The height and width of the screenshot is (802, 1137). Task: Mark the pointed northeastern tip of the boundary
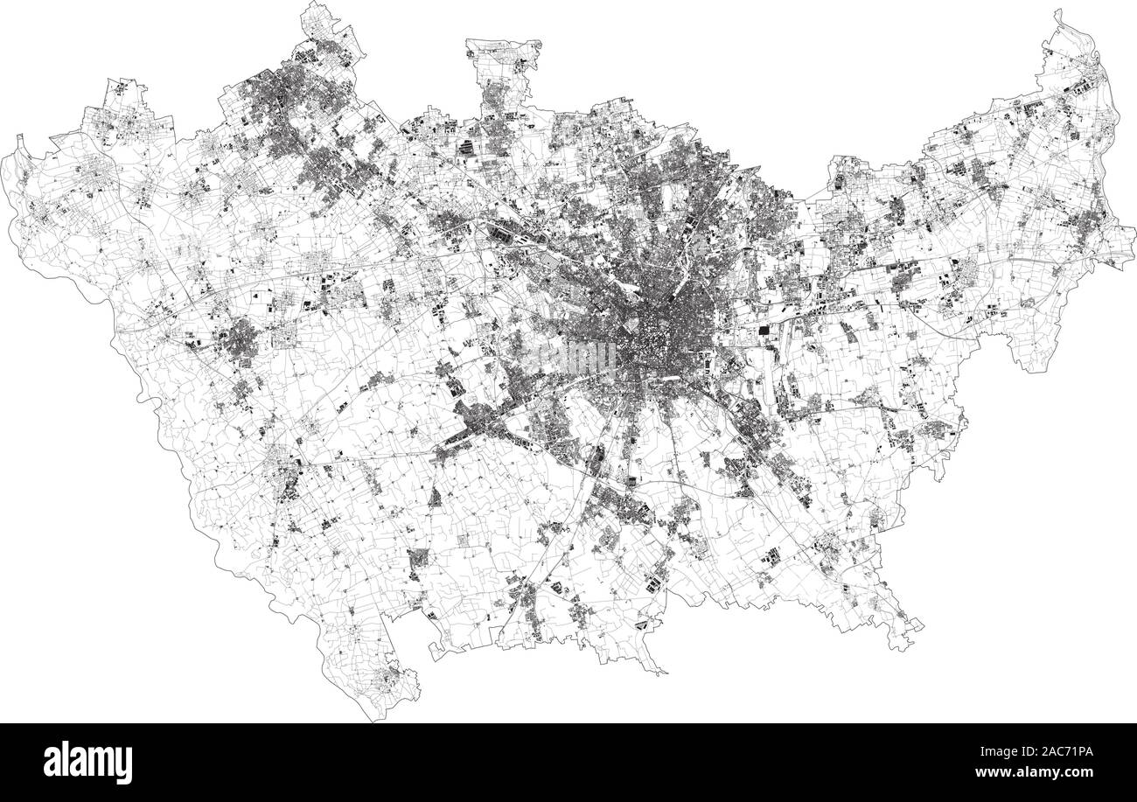pos(1059,12)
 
